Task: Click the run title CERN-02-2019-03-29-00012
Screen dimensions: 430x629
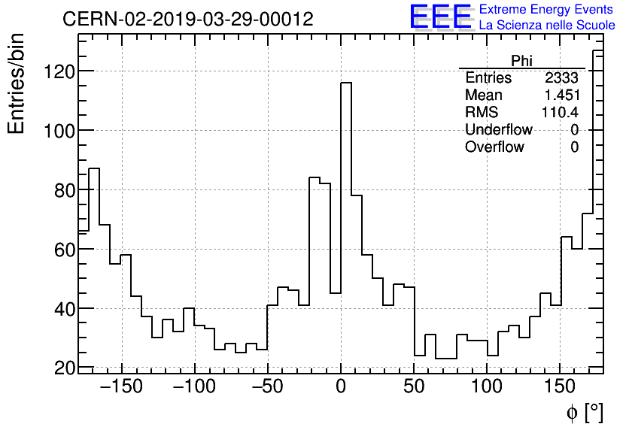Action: (x=188, y=19)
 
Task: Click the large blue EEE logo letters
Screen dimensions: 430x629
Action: (x=441, y=18)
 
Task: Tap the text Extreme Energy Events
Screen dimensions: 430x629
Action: (x=546, y=10)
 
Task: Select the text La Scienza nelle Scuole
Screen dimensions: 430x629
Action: (x=547, y=26)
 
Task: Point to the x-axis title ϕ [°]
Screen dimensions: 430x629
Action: (x=585, y=412)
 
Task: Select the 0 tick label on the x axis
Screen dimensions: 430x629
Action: (x=341, y=387)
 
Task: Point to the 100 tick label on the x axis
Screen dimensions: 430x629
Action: (x=488, y=387)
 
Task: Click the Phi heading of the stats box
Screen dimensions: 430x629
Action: (x=522, y=61)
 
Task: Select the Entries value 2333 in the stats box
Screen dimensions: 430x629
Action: (x=562, y=78)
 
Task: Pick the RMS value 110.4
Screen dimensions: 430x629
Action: (x=561, y=113)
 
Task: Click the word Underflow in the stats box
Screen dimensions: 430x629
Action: (x=499, y=130)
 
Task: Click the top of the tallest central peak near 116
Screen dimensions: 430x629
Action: (x=346, y=83)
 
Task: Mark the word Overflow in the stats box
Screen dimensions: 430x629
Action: (x=494, y=147)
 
